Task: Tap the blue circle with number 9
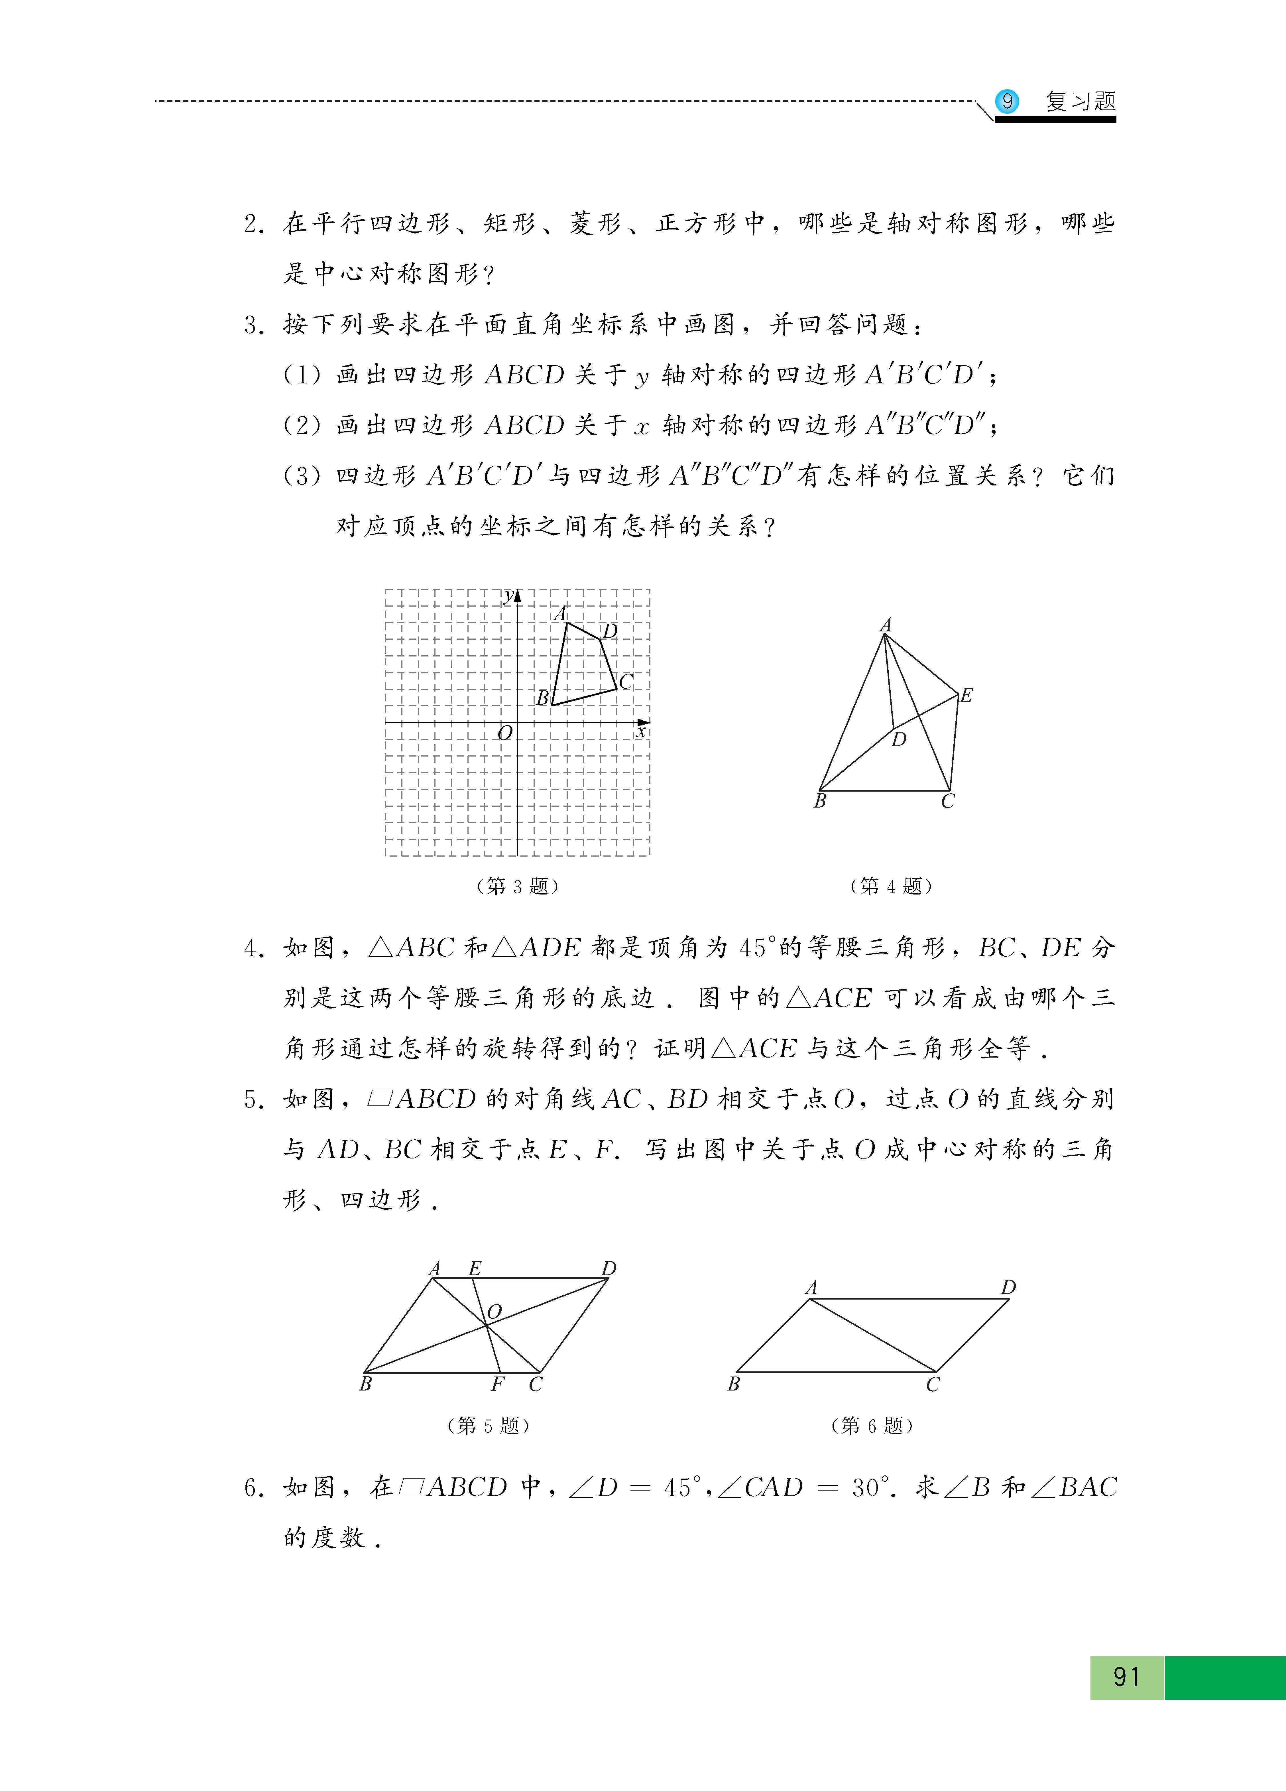[1006, 101]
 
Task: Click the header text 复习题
[1080, 101]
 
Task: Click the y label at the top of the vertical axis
[509, 595]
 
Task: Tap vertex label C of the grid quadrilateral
[626, 682]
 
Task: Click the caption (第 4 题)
[890, 886]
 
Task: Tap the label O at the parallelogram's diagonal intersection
[494, 1312]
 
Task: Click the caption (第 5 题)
[488, 1425]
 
